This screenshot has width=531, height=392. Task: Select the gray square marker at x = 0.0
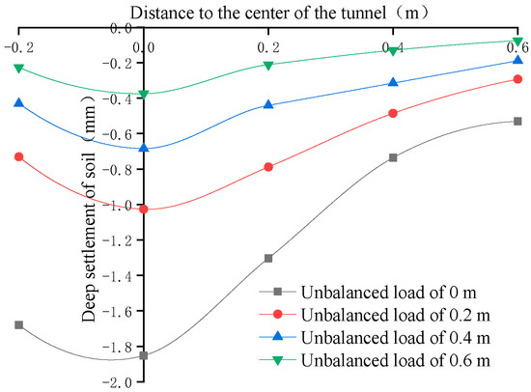pos(143,355)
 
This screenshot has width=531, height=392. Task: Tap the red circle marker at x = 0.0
pos(143,209)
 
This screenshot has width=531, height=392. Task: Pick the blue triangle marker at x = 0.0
pos(143,148)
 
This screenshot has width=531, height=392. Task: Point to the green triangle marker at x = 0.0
pos(143,95)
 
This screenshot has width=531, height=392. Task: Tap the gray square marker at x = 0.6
pos(517,121)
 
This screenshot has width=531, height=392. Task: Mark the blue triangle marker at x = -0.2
pos(18,101)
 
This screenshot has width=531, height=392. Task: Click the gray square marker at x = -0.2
pos(18,325)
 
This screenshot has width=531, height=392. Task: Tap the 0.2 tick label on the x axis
pos(267,45)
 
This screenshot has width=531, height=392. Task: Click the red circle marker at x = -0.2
pos(18,156)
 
